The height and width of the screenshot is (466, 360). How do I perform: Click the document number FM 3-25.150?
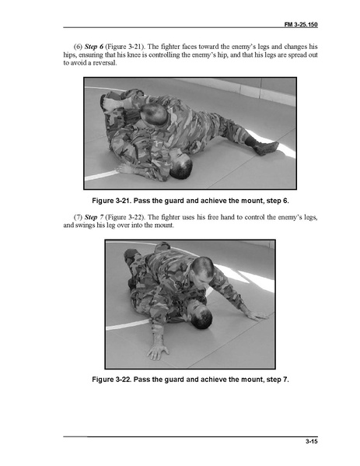[301, 24]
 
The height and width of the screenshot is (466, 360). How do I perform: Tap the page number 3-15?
[312, 441]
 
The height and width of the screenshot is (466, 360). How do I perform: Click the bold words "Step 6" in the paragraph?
[94, 47]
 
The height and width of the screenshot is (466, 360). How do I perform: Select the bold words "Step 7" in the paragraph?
[94, 217]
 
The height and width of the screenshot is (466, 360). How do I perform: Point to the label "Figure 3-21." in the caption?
[112, 201]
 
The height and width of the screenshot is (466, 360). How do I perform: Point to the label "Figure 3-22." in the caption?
[112, 380]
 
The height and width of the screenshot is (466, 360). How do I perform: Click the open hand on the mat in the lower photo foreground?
[158, 349]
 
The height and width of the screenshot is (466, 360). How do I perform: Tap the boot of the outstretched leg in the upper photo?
[266, 147]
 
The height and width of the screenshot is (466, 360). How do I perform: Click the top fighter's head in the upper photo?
[154, 114]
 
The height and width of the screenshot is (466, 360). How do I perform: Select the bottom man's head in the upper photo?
[180, 163]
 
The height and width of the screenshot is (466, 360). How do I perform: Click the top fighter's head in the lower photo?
[203, 272]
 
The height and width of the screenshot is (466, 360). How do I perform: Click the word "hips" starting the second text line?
[69, 55]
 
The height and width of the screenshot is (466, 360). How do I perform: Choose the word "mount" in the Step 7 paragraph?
[165, 226]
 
